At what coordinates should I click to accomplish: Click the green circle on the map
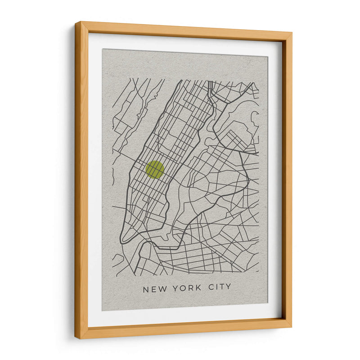tap(155, 170)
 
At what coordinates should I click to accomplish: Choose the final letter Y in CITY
tap(228, 287)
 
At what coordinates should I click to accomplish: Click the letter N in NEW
tap(146, 289)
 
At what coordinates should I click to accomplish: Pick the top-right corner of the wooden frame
tap(292, 33)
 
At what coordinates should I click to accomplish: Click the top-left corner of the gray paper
tap(102, 49)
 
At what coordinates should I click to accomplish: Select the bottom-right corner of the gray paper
tap(267, 303)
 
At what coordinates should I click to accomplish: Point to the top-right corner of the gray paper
tap(268, 57)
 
